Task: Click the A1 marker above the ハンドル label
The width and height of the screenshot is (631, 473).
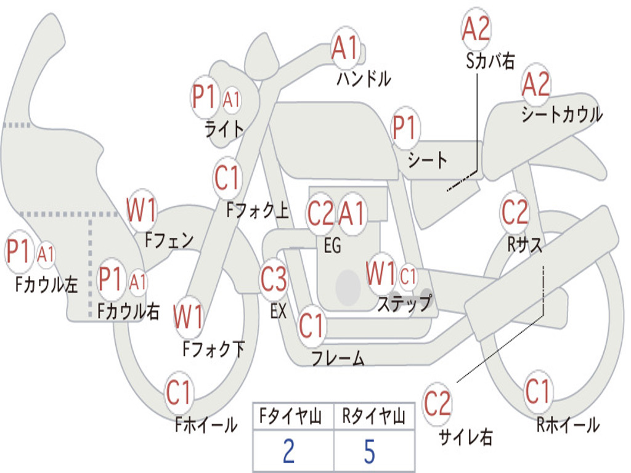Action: click(x=345, y=47)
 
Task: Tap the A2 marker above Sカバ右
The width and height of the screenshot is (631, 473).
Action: click(x=476, y=29)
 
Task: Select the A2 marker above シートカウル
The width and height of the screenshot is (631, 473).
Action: click(x=535, y=84)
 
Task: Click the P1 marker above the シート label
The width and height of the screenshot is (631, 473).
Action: click(x=404, y=128)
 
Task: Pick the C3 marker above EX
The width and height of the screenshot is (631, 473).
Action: click(x=274, y=279)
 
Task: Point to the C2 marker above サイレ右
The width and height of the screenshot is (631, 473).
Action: click(x=437, y=403)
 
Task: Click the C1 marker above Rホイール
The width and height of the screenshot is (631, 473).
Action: click(x=537, y=391)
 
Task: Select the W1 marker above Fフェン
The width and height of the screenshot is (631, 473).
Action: click(x=141, y=209)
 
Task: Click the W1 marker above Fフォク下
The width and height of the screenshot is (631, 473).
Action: click(x=189, y=317)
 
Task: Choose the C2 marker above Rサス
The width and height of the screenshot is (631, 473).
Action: click(x=515, y=212)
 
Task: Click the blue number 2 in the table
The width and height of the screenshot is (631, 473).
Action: click(x=289, y=451)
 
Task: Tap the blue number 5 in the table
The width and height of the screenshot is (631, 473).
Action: click(x=370, y=451)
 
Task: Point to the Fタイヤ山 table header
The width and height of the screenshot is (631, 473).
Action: click(x=291, y=416)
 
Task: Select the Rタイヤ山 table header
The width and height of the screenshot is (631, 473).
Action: click(x=373, y=416)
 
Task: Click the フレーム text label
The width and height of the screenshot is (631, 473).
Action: click(x=338, y=357)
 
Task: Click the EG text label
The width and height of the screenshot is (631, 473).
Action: click(x=332, y=245)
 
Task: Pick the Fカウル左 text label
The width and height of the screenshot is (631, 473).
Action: click(x=46, y=284)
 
